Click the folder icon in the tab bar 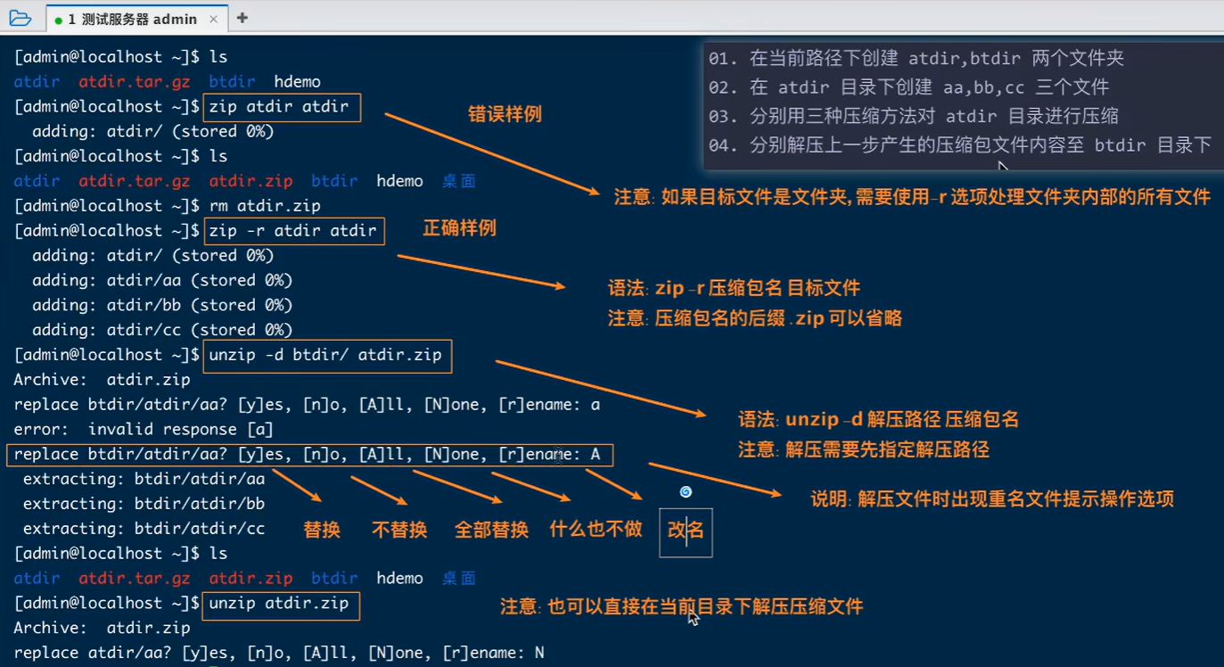[x=20, y=18]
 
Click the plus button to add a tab [x=242, y=18]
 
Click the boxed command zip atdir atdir [x=283, y=107]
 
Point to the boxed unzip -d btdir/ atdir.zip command [x=327, y=355]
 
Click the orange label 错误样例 [x=505, y=114]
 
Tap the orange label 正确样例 [x=458, y=228]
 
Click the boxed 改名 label [x=686, y=531]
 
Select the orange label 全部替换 [x=491, y=530]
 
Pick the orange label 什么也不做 [x=596, y=529]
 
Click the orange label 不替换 [x=399, y=530]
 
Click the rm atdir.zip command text [x=265, y=206]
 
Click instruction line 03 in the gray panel [x=913, y=116]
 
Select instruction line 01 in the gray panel [x=916, y=59]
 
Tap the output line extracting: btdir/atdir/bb [x=144, y=504]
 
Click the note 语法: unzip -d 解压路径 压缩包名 [x=878, y=419]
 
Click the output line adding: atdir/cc [x=162, y=330]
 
